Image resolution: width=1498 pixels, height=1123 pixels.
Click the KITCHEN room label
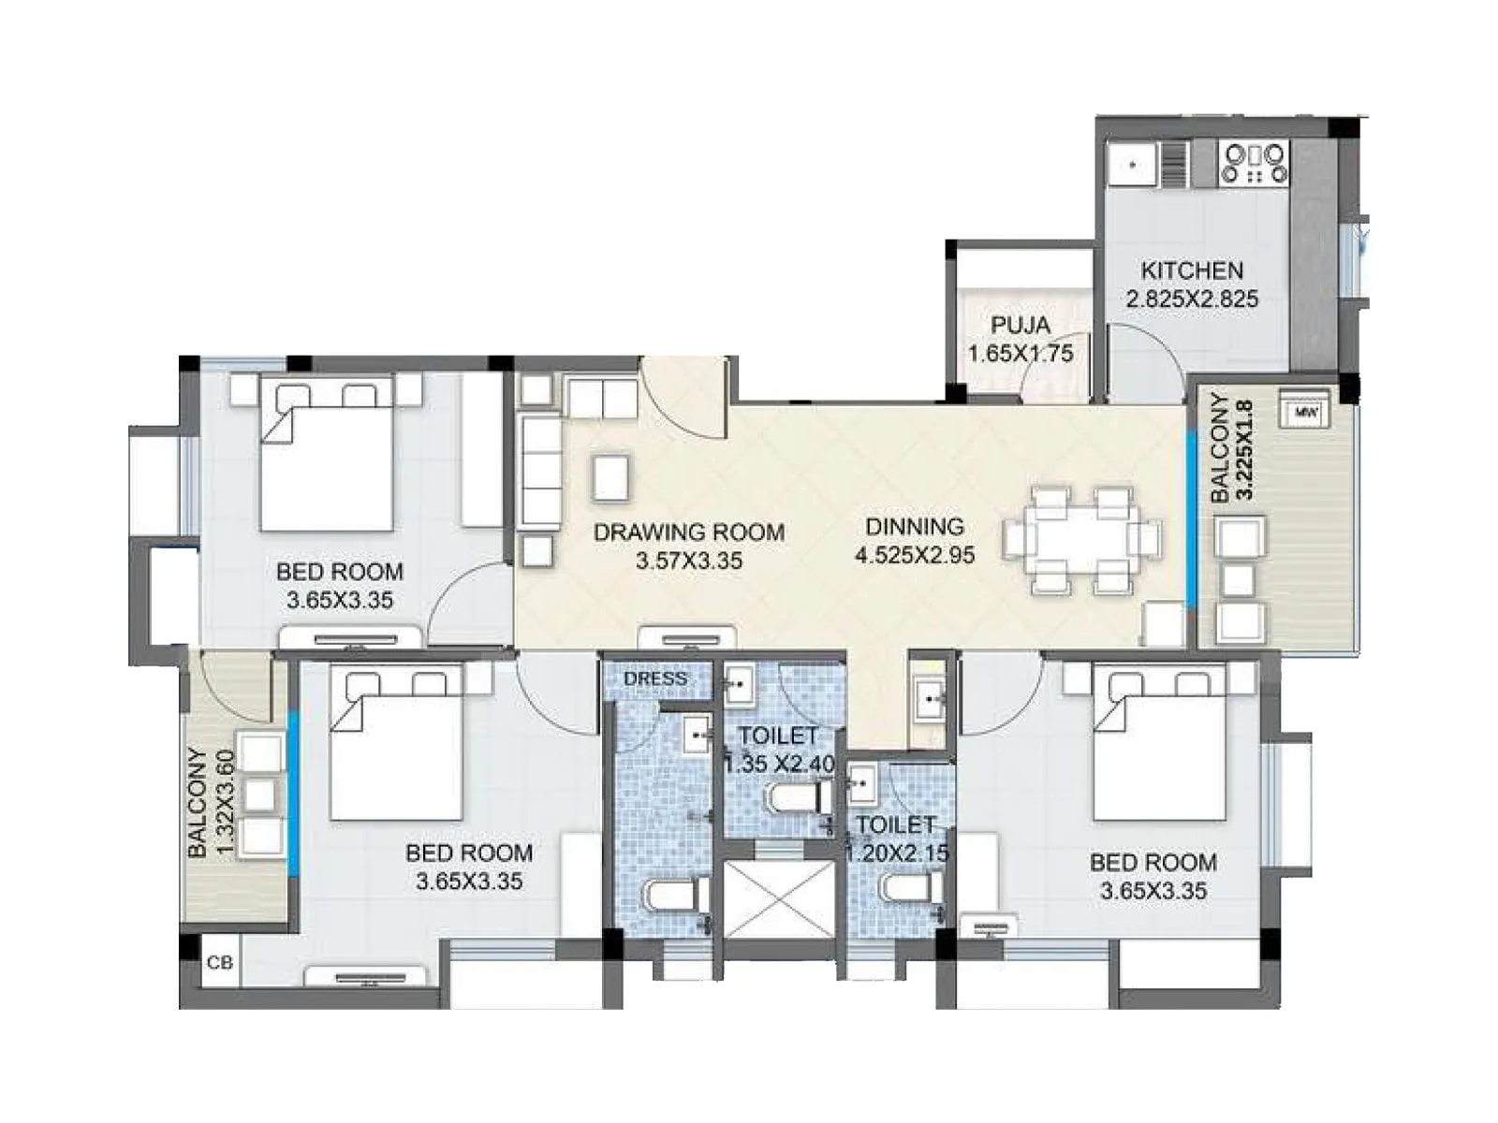tap(1192, 270)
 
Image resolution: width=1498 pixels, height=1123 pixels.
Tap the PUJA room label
tap(1021, 326)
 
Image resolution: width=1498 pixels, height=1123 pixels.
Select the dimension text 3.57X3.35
tap(689, 561)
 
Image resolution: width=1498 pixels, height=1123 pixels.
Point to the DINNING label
tap(915, 527)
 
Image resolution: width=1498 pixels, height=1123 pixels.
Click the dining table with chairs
tap(1081, 540)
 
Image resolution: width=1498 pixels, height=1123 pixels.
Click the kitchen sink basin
tap(1133, 165)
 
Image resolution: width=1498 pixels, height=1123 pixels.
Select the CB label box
tap(220, 962)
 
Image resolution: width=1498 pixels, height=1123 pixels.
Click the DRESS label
tap(655, 678)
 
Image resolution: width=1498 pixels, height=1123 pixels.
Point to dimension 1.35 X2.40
tap(779, 764)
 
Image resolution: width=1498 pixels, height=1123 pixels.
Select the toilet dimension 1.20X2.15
tap(897, 853)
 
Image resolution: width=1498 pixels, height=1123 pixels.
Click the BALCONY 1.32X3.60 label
tap(211, 802)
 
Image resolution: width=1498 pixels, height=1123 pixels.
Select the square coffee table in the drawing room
tap(610, 477)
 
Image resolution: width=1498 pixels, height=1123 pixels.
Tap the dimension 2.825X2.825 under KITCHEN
tap(1192, 299)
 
